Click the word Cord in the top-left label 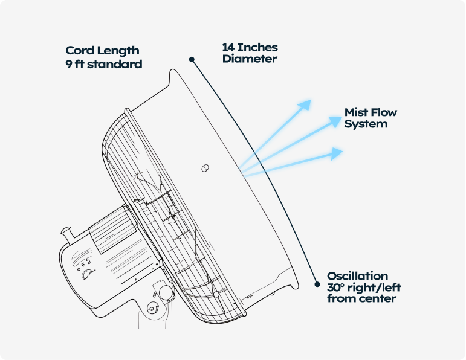[x=79, y=51]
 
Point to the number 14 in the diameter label [x=228, y=47]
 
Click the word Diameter [x=250, y=59]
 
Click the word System [x=366, y=124]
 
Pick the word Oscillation [x=358, y=276]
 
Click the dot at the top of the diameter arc [x=192, y=59]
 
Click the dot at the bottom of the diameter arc [x=316, y=283]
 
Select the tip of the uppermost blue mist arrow [x=310, y=101]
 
